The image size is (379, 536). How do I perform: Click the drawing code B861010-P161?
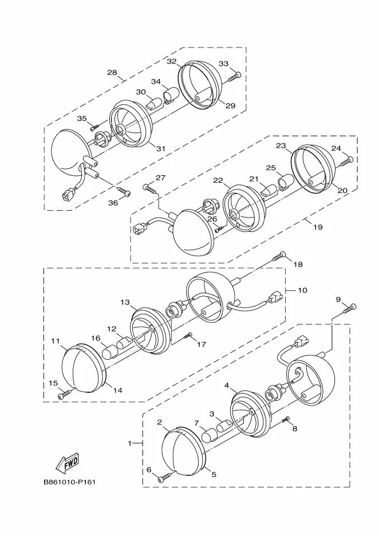(69, 482)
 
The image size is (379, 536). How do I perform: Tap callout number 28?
(112, 73)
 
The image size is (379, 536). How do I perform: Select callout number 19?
(318, 227)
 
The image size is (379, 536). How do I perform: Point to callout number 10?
(302, 290)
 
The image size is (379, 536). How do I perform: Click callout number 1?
(130, 443)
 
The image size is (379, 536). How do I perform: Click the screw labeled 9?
(349, 309)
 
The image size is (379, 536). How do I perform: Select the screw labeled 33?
(234, 77)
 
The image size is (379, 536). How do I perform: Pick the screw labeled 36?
(124, 191)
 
